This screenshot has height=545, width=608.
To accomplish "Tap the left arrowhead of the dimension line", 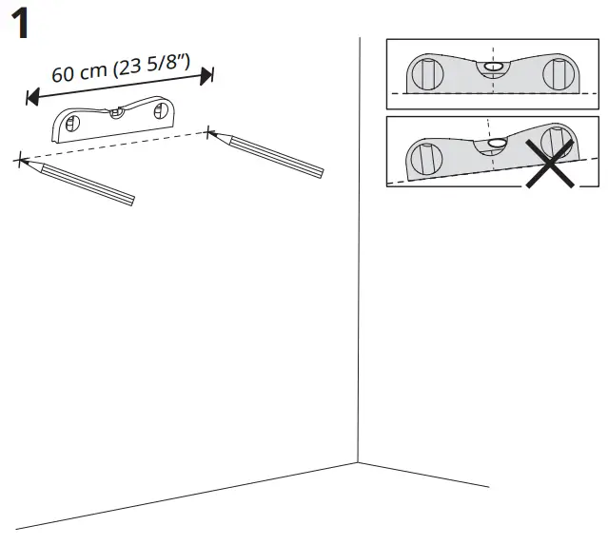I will (x=31, y=96).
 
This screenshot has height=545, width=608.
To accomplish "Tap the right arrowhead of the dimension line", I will (x=208, y=74).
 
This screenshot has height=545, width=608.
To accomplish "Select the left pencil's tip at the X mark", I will (x=21, y=160).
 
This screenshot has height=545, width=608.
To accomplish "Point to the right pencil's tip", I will (x=208, y=130).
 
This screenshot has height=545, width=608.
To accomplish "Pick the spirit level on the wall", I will (x=115, y=118).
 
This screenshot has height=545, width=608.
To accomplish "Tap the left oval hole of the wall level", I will (x=72, y=123).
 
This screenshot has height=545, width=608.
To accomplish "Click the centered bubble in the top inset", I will (x=493, y=67).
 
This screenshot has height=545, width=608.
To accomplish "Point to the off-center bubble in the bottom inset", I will (x=497, y=145).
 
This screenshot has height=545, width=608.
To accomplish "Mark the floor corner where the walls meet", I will (x=358, y=463).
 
